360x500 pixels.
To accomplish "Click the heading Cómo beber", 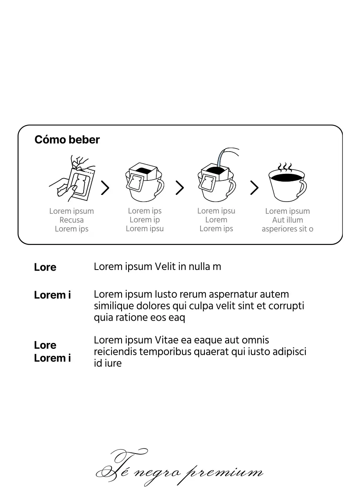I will (x=67, y=140).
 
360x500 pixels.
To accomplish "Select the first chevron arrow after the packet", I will (x=105, y=188).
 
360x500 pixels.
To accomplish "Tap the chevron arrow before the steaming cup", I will (x=254, y=188).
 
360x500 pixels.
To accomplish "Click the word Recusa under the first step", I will (x=72, y=220).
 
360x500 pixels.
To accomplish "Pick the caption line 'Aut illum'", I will (x=287, y=220).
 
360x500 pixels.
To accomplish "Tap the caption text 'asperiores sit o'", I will (x=287, y=229).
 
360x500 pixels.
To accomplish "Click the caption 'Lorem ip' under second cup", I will (x=145, y=220).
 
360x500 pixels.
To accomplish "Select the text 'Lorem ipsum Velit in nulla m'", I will (x=157, y=267).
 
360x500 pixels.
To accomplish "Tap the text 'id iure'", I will (x=107, y=363).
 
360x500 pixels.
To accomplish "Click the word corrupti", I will (x=286, y=306).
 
